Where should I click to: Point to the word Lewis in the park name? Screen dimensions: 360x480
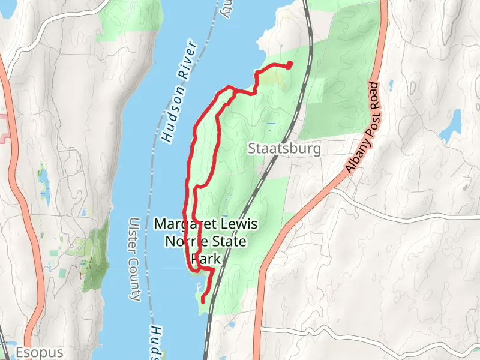[x=239, y=224]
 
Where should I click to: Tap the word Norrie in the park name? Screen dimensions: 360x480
[x=189, y=242]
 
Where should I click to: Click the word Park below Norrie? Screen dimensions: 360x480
[x=207, y=259]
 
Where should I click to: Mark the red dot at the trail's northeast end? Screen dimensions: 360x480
[x=290, y=64]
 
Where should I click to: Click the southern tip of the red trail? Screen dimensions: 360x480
[x=202, y=300]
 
